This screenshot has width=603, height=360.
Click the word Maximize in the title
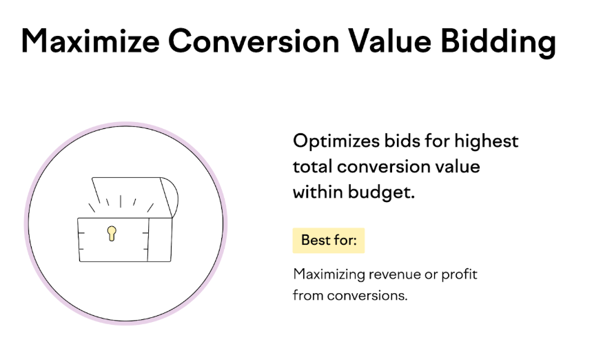(90, 41)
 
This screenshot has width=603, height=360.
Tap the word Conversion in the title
(254, 41)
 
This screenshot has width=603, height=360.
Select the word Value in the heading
(389, 41)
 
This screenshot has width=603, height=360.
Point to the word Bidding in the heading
(498, 42)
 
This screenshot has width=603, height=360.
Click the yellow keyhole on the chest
(112, 233)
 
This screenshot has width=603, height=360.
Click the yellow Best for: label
(329, 241)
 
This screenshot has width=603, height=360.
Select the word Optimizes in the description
(336, 141)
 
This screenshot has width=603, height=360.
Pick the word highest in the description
(486, 141)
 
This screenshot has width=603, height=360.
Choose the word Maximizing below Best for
(329, 275)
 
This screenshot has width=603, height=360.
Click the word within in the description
(318, 192)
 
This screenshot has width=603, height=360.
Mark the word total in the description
(312, 167)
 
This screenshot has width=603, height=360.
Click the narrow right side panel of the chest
(160, 240)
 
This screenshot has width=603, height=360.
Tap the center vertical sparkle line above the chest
(121, 201)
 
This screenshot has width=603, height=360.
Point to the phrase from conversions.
(350, 296)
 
